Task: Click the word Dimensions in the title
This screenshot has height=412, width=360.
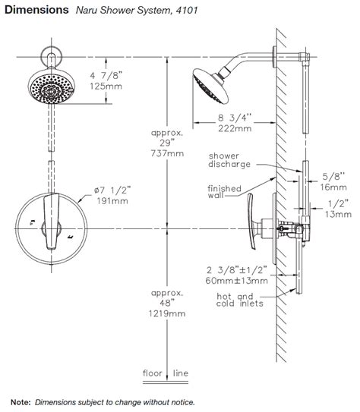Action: tap(36, 10)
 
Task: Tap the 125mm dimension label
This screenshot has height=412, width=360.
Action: tap(106, 86)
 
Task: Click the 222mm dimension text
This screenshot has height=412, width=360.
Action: tap(235, 128)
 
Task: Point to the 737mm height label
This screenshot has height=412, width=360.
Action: tap(167, 153)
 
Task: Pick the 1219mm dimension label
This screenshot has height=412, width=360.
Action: tap(167, 313)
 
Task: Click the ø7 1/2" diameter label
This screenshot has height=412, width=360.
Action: tap(112, 190)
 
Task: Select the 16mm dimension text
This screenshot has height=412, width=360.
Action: tap(333, 187)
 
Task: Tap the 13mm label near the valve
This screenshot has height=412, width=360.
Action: tap(338, 214)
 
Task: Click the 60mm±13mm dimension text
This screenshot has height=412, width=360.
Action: tap(237, 281)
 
